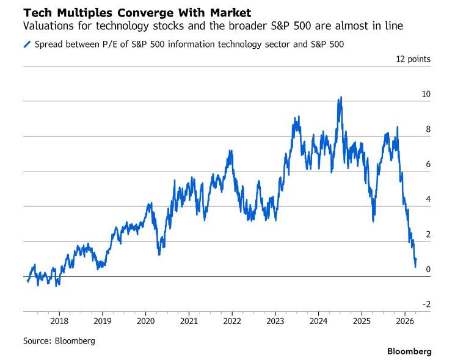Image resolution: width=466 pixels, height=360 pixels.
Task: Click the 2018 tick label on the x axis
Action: pos(59,321)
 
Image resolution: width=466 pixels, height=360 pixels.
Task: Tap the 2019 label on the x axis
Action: pos(103,321)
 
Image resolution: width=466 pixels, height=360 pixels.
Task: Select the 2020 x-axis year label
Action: pos(145,321)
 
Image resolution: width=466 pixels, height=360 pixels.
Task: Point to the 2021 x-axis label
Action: pos(189,321)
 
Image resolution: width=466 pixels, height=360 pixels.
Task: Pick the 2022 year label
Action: pos(232,321)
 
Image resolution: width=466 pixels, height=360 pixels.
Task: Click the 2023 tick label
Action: pos(275,321)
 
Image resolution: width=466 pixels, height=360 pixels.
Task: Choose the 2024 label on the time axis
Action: pos(319,321)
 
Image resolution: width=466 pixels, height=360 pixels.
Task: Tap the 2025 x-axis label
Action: pos(362,321)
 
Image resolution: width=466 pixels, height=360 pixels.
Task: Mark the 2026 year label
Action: pos(405,321)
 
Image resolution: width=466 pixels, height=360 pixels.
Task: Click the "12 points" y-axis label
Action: pos(413,59)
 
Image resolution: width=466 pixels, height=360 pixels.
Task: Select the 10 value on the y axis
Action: pos(426,94)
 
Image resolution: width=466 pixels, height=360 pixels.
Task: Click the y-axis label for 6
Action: pos(428,164)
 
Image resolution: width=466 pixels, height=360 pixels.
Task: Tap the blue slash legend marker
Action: pos(26,45)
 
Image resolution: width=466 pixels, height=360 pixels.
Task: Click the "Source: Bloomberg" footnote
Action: pos(59,341)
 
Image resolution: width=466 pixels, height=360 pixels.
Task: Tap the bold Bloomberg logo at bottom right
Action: pos(409,351)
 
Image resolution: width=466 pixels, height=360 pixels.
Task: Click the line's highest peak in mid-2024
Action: pos(340,97)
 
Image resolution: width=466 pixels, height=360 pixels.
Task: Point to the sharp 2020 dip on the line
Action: pos(159,253)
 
